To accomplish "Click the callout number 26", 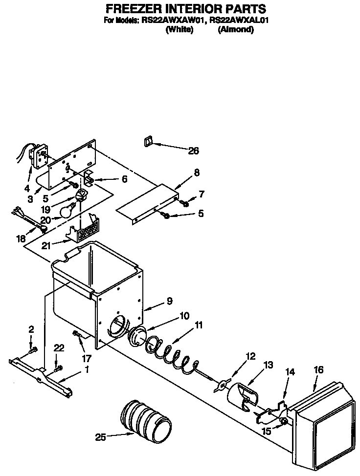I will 193,151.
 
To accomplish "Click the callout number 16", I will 318,370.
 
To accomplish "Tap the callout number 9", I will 169,302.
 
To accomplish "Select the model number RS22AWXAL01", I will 240,21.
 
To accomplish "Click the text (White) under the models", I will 180,30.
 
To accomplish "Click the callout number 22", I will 59,347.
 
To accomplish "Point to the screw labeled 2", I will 32,349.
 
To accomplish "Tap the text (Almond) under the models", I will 236,30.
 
